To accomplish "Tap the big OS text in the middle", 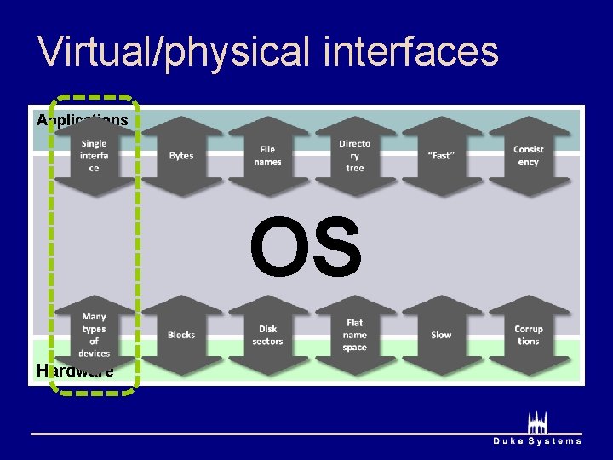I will pyautogui.click(x=306, y=248).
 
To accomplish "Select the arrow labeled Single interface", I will pyautogui.click(x=95, y=156).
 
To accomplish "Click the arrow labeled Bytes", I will pyautogui.click(x=181, y=156).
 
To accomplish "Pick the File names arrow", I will pyautogui.click(x=268, y=156).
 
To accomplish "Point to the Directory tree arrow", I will pyautogui.click(x=355, y=156).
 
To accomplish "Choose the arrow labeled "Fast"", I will pyautogui.click(x=441, y=156).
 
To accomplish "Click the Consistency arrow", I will pyautogui.click(x=528, y=156).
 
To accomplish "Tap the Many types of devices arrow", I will pyautogui.click(x=95, y=335).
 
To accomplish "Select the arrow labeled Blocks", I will pyautogui.click(x=181, y=335).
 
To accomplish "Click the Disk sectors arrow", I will pyautogui.click(x=268, y=335).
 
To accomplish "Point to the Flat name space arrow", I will pyautogui.click(x=355, y=335).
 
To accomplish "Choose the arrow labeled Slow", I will pyautogui.click(x=441, y=335).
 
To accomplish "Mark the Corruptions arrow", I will pyautogui.click(x=528, y=335).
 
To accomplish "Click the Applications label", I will pyautogui.click(x=82, y=120).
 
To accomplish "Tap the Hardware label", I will pyautogui.click(x=75, y=371).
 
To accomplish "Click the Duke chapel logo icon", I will pyautogui.click(x=537, y=423).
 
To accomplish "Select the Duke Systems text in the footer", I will pyautogui.click(x=537, y=441).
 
